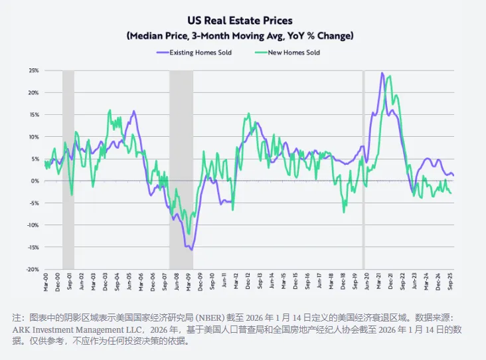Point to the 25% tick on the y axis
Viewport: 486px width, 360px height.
click(x=33, y=70)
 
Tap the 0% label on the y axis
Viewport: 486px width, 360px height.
click(x=35, y=181)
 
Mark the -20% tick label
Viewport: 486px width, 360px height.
click(x=33, y=269)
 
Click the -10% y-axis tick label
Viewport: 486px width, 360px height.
click(x=33, y=225)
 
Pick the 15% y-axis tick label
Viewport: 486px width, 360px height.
click(x=33, y=114)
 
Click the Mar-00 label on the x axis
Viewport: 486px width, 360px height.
click(x=45, y=282)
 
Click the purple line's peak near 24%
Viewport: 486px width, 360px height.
click(x=382, y=73)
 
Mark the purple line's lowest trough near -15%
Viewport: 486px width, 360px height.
click(x=192, y=250)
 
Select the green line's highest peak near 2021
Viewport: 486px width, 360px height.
click(x=389, y=76)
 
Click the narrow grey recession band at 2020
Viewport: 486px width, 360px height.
click(x=363, y=166)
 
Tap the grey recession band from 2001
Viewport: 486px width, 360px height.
click(x=68, y=166)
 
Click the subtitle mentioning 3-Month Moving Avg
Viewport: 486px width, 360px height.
click(x=240, y=35)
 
